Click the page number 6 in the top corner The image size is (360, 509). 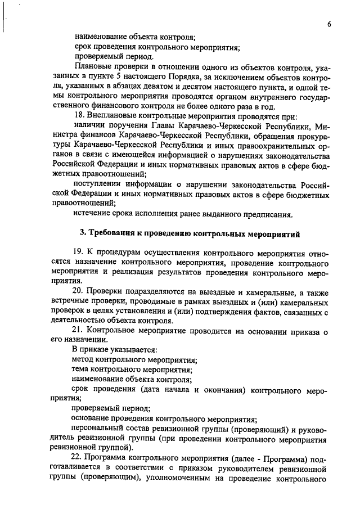328,24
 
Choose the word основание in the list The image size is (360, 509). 91,418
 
